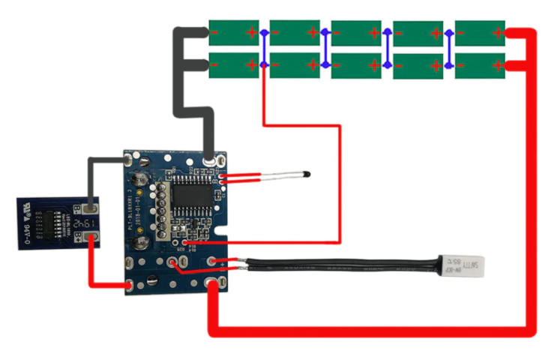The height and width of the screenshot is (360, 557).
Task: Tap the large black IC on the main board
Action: click(184, 200)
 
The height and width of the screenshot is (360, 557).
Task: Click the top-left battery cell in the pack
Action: click(233, 33)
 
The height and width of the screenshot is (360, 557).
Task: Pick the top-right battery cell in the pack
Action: click(480, 33)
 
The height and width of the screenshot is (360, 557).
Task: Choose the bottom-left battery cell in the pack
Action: click(233, 65)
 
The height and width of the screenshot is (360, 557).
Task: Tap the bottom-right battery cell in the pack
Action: click(480, 65)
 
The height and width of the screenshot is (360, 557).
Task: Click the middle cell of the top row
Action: click(357, 33)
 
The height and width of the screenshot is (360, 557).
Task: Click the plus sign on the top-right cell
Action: click(497, 33)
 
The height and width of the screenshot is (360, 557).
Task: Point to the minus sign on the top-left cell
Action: click(216, 33)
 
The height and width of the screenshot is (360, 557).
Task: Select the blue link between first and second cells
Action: click(264, 49)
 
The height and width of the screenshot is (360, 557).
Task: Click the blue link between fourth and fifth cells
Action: click(449, 49)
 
